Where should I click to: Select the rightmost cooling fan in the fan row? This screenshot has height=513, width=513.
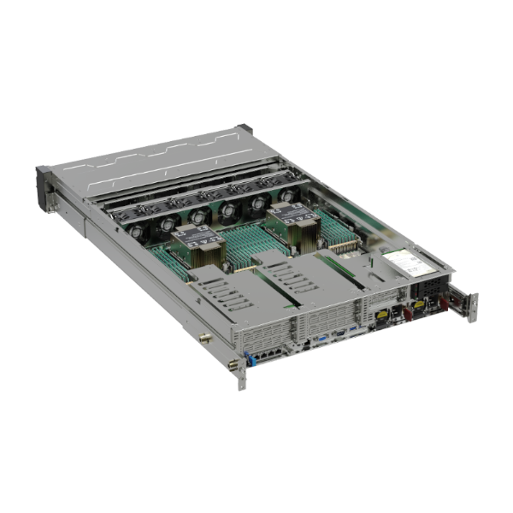[x=288, y=196]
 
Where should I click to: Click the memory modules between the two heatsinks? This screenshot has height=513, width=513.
[x=248, y=235]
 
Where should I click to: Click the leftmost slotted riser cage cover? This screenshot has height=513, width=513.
[x=218, y=295]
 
